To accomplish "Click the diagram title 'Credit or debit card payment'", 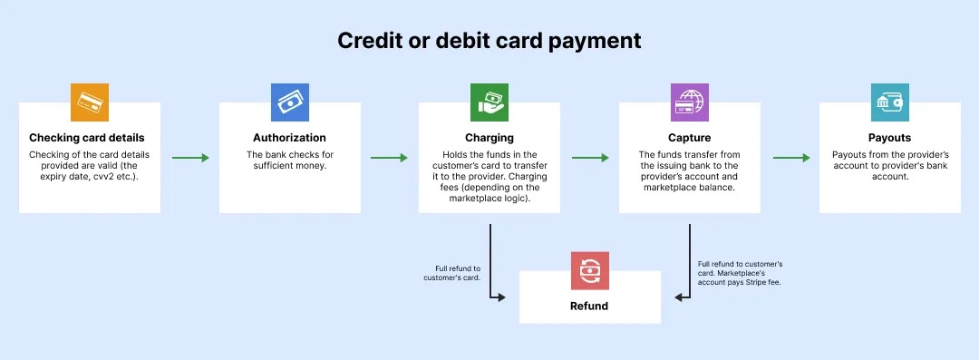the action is pyautogui.click(x=489, y=41).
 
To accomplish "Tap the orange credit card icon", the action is pyautogui.click(x=90, y=102).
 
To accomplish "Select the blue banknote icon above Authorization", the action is pyautogui.click(x=290, y=102).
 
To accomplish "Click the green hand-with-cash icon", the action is pyautogui.click(x=489, y=102).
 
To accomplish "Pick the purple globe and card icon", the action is pyautogui.click(x=690, y=102).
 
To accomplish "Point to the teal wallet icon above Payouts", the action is pyautogui.click(x=889, y=102).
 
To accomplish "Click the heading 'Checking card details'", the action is pyautogui.click(x=90, y=138).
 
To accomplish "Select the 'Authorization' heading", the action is pyautogui.click(x=290, y=138).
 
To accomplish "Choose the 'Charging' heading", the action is pyautogui.click(x=489, y=138).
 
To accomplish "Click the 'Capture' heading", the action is pyautogui.click(x=690, y=138).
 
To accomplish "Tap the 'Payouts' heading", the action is pyautogui.click(x=889, y=138).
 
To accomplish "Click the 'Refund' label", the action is pyautogui.click(x=589, y=306).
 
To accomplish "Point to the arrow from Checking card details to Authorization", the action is pyautogui.click(x=190, y=158).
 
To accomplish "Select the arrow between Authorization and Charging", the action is pyautogui.click(x=390, y=158).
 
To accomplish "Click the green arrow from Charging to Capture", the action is pyautogui.click(x=590, y=158).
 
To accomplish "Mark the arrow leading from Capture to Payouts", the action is pyautogui.click(x=790, y=158).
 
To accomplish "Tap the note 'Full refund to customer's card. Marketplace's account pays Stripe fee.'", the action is pyautogui.click(x=740, y=273).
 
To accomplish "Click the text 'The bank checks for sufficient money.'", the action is pyautogui.click(x=290, y=160).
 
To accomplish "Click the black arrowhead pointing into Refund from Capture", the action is pyautogui.click(x=680, y=297).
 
